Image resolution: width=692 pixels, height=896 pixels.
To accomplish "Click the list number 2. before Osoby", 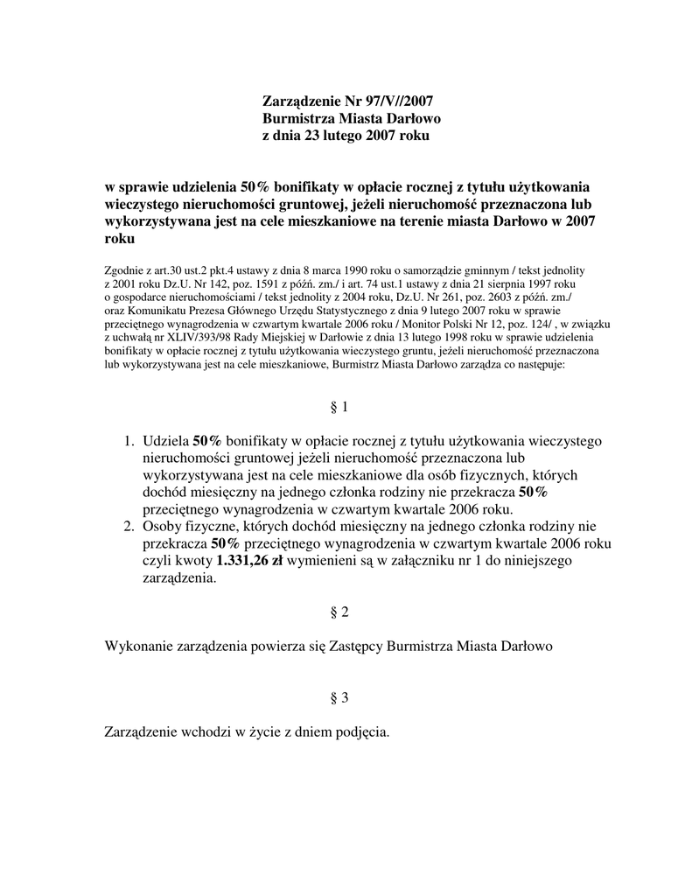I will coord(128,526).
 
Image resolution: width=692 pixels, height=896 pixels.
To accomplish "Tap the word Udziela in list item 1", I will coord(165,440).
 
